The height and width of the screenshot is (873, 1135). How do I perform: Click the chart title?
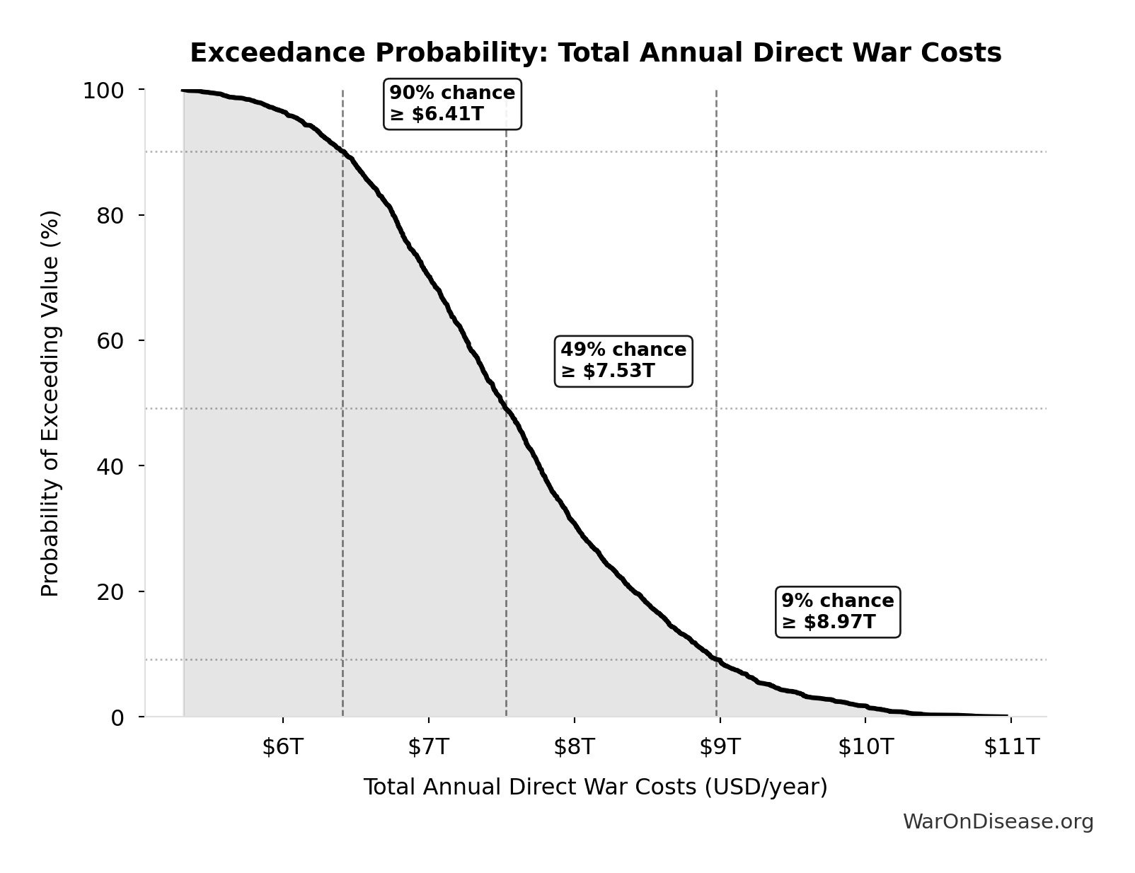[595, 53]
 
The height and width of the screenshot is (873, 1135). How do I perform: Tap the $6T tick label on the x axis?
[282, 746]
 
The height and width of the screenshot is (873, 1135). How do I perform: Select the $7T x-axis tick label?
[428, 746]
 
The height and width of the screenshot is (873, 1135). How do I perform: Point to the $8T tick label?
[574, 746]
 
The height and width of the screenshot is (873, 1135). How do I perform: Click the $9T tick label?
[720, 746]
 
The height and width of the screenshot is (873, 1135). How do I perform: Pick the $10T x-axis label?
[865, 746]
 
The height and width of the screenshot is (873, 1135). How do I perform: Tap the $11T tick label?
[1011, 746]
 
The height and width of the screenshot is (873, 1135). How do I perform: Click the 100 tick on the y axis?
[103, 91]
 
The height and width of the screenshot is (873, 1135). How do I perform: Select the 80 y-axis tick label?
[110, 215]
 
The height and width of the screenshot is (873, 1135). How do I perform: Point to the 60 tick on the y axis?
[110, 340]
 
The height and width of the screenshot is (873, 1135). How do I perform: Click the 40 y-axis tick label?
[110, 466]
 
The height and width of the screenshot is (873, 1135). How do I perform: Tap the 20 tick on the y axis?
[110, 591]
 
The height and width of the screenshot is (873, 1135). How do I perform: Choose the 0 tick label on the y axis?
[117, 717]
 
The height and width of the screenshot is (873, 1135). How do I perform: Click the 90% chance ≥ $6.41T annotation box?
[452, 104]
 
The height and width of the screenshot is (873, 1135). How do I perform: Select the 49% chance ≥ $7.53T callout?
[623, 361]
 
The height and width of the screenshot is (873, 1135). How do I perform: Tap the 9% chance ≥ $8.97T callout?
[838, 612]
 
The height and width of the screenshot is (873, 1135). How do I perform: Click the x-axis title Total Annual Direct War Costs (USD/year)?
[595, 787]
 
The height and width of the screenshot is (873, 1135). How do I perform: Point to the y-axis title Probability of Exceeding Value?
[50, 403]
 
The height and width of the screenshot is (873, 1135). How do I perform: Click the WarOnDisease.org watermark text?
[998, 821]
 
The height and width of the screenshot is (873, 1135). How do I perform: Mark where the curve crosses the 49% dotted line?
[506, 408]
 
